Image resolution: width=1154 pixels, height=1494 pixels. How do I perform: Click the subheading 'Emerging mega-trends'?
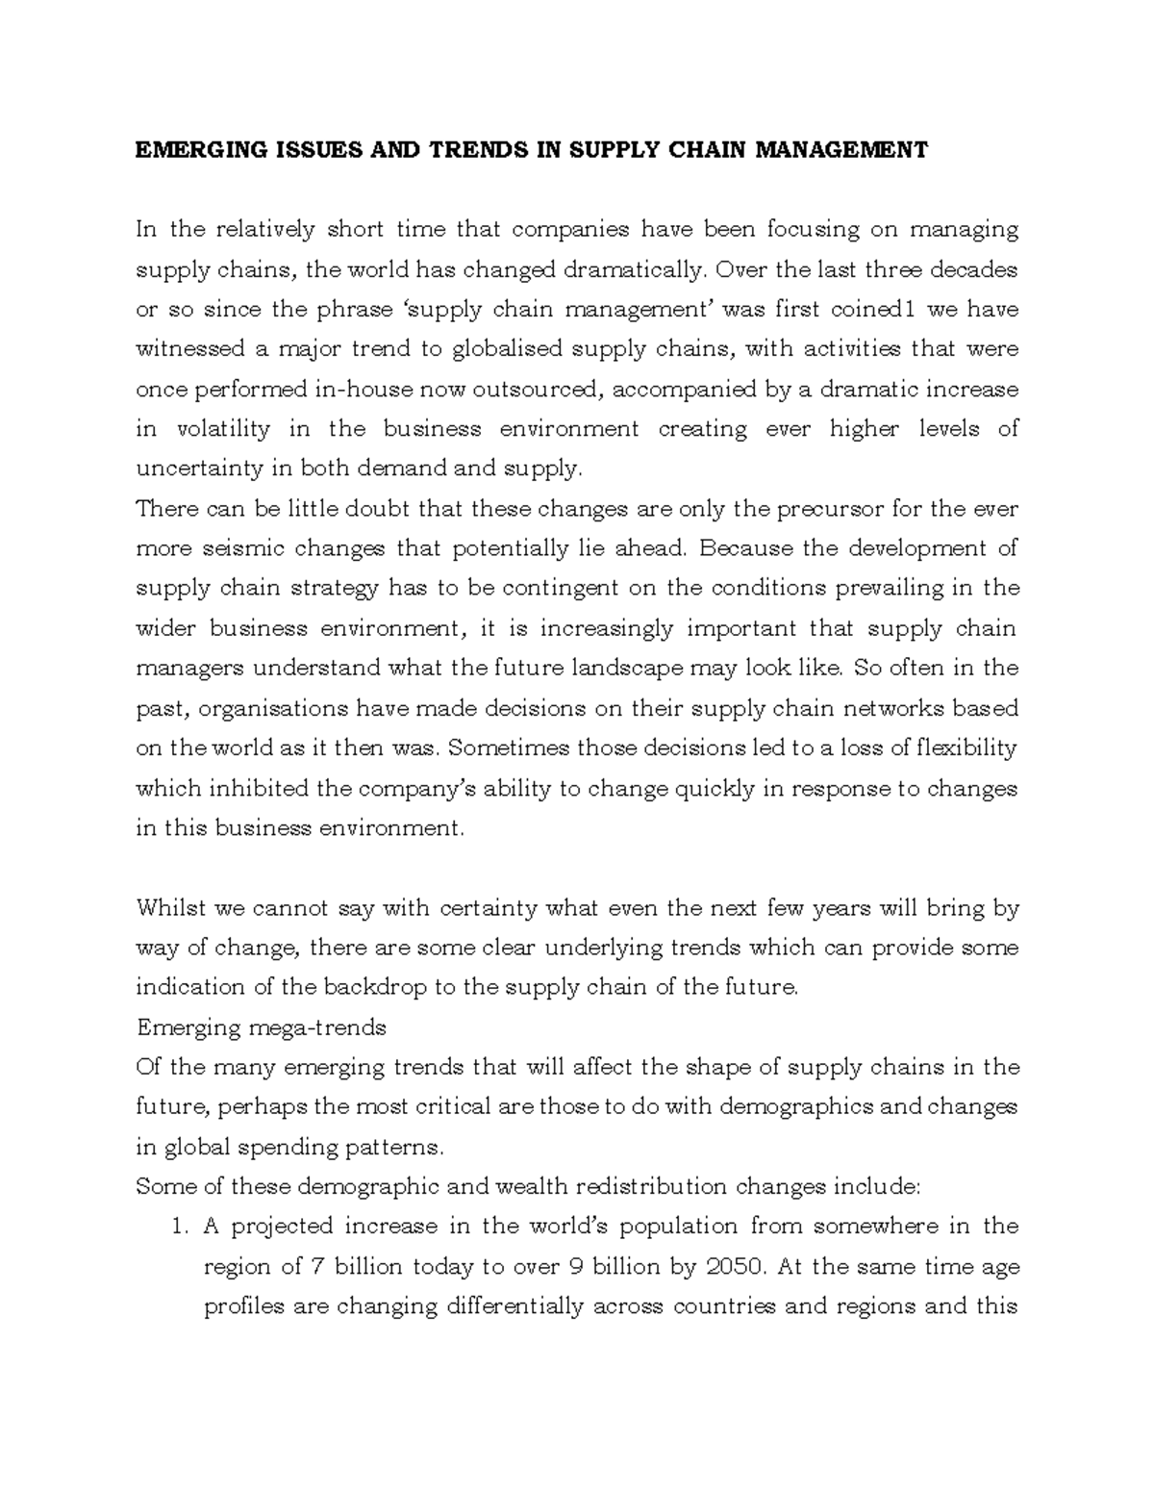coord(262,1027)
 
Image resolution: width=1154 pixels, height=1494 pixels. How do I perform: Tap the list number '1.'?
coord(176,1227)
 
